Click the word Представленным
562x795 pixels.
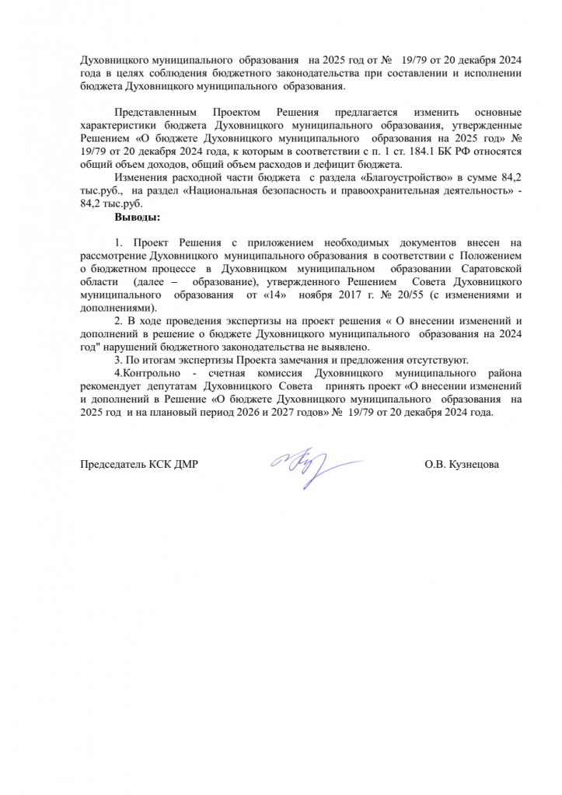[x=152, y=113]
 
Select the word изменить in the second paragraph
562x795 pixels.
[x=428, y=113]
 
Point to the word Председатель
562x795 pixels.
[x=113, y=465]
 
